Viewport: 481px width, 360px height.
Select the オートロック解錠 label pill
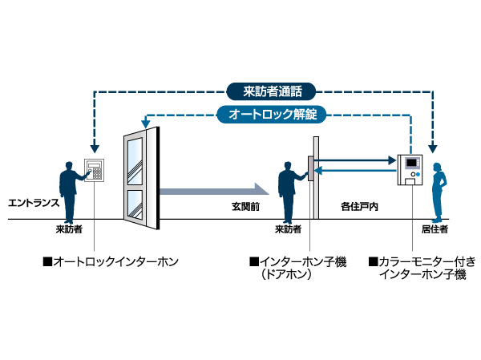point(272,115)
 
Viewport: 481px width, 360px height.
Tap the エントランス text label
point(33,203)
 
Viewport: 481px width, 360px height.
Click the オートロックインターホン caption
point(110,261)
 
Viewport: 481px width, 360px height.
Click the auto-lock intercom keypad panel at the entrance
point(95,171)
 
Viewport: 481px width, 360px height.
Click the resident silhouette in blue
point(438,191)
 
